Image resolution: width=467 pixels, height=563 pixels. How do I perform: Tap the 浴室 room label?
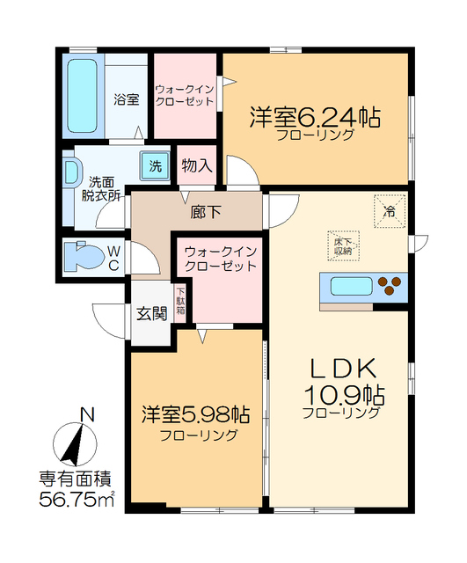point(126,99)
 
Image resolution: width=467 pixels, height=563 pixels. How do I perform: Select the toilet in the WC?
point(87,256)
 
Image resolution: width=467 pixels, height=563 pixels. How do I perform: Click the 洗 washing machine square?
point(156,165)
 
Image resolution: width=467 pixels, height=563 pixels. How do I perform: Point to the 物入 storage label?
point(196,165)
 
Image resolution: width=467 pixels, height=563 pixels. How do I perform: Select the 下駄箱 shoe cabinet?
point(180,302)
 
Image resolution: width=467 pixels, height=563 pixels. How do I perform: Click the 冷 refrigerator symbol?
point(389,209)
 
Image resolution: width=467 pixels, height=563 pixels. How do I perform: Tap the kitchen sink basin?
point(352,285)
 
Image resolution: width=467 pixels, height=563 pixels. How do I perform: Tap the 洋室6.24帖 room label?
point(314,117)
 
